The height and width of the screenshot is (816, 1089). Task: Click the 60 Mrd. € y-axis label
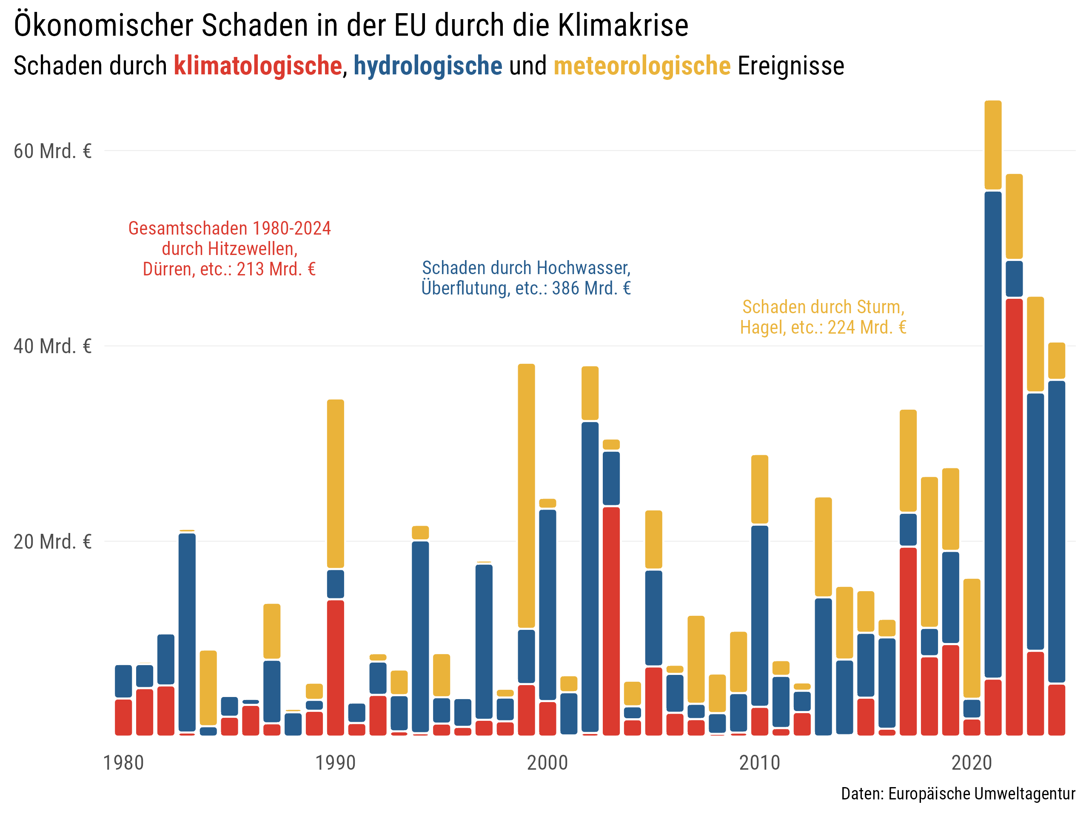click(x=52, y=151)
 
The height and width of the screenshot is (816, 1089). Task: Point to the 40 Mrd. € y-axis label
click(x=52, y=346)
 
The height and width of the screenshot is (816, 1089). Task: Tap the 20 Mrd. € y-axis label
click(x=52, y=541)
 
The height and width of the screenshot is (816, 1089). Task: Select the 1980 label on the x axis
click(x=123, y=763)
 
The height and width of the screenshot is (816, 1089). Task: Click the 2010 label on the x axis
click(x=760, y=763)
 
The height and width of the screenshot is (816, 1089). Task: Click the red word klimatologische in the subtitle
click(x=257, y=66)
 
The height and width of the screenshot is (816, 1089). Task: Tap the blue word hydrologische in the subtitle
click(x=428, y=66)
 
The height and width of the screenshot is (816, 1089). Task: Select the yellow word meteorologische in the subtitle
click(x=641, y=66)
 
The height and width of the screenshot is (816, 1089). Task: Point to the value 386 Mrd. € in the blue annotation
click(x=591, y=288)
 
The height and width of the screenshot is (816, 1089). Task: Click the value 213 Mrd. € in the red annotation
click(x=276, y=269)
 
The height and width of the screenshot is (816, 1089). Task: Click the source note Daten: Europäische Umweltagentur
click(x=958, y=794)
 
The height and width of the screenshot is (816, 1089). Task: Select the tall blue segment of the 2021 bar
click(x=992, y=433)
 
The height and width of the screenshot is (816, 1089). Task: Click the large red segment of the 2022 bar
click(x=1014, y=516)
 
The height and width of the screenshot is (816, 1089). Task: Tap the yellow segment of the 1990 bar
click(x=335, y=484)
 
